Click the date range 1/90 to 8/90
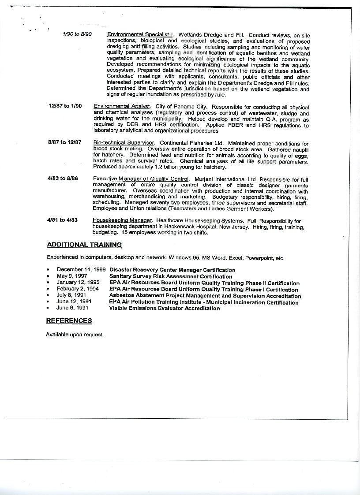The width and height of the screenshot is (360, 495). [77, 34]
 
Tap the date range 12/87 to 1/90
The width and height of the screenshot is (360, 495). [65, 106]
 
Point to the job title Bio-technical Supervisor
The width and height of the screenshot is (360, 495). [124, 143]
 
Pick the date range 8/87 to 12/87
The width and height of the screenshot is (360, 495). [64, 142]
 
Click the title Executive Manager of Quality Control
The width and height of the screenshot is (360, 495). [141, 179]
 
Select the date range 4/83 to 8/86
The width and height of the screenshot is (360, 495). [63, 179]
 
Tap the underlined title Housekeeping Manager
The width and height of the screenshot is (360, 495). [122, 220]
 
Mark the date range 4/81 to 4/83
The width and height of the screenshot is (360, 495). [63, 220]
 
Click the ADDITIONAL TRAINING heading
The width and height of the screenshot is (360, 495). [84, 245]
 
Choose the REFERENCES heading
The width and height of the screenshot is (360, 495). [69, 320]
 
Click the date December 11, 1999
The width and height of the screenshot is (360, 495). [81, 270]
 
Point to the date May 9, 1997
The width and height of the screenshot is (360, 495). [71, 276]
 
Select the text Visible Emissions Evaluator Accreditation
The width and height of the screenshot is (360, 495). [164, 309]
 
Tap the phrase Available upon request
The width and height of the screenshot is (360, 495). [75, 335]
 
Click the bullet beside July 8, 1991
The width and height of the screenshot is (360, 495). [47, 296]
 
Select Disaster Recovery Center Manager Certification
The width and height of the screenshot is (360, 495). [172, 270]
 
